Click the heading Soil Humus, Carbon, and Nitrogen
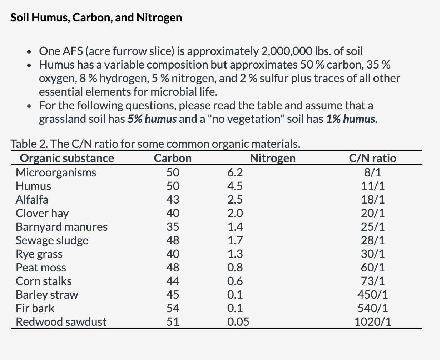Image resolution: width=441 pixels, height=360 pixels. [96, 17]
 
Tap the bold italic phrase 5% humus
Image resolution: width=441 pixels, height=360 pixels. [152, 119]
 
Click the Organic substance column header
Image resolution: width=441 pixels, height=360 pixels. [67, 158]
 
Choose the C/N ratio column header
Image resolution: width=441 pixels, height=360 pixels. [372, 158]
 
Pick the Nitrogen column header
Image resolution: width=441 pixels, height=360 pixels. [273, 158]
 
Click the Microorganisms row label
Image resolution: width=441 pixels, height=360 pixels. [56, 172]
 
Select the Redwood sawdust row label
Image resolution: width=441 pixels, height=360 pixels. [61, 322]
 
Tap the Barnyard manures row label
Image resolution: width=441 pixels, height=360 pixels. [61, 227]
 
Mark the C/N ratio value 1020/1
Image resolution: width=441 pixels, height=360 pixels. [372, 322]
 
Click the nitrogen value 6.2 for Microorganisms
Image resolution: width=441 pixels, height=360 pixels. [235, 172]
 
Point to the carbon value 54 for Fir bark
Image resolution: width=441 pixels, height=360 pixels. [173, 308]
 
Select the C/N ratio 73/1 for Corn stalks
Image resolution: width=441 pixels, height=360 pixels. [372, 281]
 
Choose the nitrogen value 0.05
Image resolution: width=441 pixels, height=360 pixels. [238, 322]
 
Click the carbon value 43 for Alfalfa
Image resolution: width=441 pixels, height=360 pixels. [173, 200]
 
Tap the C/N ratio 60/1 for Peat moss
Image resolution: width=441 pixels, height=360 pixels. [372, 267]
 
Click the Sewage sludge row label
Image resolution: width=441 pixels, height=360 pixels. [52, 240]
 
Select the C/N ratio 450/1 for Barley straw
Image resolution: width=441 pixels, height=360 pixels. [372, 295]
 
